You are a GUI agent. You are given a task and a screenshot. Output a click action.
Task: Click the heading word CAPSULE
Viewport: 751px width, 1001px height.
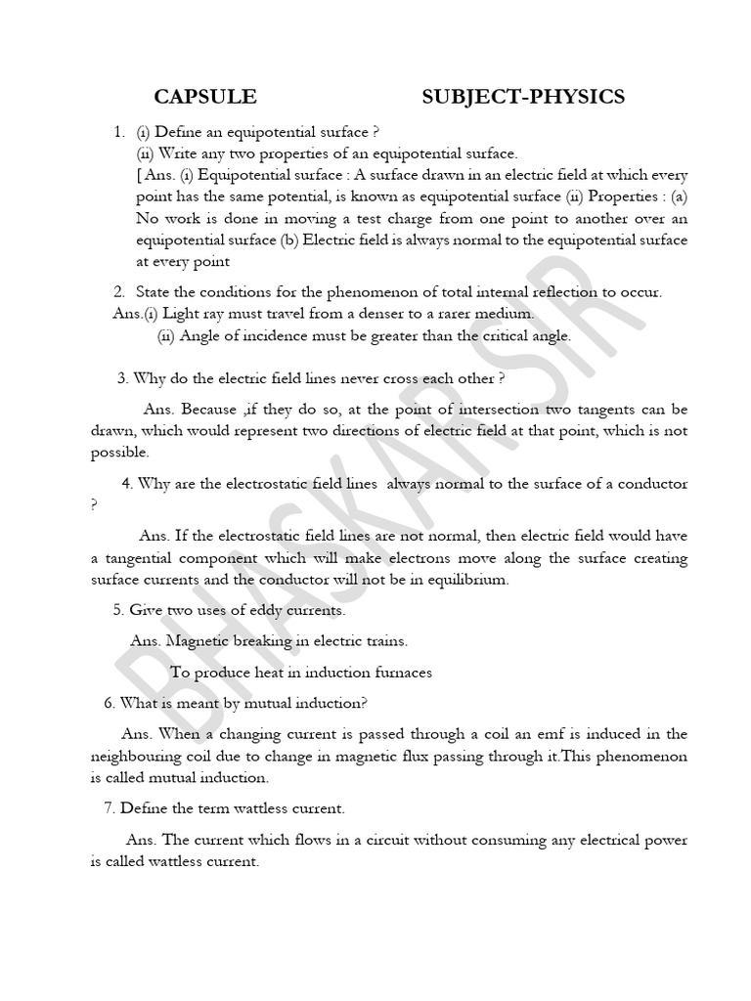[205, 96]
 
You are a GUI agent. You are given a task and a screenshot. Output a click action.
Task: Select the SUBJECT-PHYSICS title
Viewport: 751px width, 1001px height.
[523, 96]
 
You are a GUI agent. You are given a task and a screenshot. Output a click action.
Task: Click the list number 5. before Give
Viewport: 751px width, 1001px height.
[119, 610]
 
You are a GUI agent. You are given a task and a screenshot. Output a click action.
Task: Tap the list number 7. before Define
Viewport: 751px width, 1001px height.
[110, 809]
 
